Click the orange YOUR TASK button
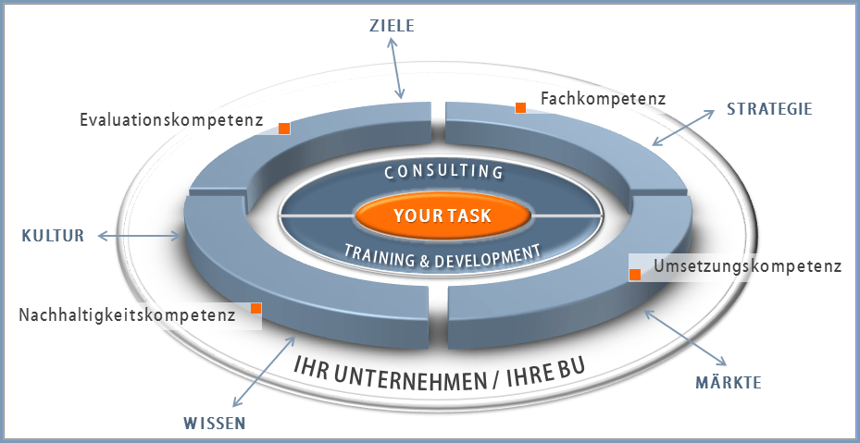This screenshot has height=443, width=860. [x=442, y=215]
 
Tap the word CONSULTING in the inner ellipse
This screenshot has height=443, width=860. [x=442, y=172]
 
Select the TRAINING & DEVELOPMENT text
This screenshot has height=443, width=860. [x=442, y=254]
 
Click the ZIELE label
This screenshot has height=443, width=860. [x=386, y=26]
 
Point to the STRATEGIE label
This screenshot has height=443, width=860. [x=768, y=109]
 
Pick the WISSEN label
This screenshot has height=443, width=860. [x=214, y=424]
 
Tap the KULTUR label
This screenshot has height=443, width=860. [x=53, y=236]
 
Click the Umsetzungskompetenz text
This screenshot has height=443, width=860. [x=746, y=267]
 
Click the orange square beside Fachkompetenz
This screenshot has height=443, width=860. [x=521, y=107]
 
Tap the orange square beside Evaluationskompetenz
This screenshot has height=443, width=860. [x=285, y=129]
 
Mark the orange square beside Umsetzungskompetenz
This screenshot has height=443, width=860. [x=635, y=275]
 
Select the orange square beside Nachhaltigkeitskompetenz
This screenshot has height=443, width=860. [x=256, y=308]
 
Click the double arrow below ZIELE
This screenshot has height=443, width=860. [x=395, y=68]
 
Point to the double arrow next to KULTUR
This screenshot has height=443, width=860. [x=138, y=237]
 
